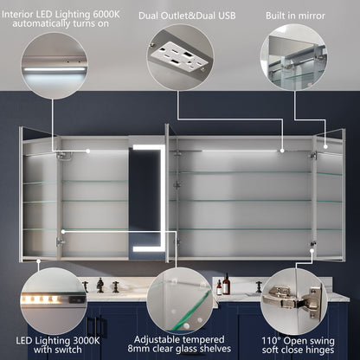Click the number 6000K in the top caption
(106, 15)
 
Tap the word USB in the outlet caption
(227, 16)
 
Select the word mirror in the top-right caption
(311, 16)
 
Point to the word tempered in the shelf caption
(204, 339)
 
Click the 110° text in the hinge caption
(271, 341)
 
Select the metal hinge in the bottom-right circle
(292, 297)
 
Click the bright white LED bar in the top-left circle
(55, 69)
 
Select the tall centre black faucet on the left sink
(100, 285)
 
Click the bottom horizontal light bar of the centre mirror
(147, 248)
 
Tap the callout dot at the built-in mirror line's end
(325, 146)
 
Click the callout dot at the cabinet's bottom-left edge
(38, 261)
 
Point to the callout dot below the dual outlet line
(282, 151)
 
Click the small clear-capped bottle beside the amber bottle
(219, 287)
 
